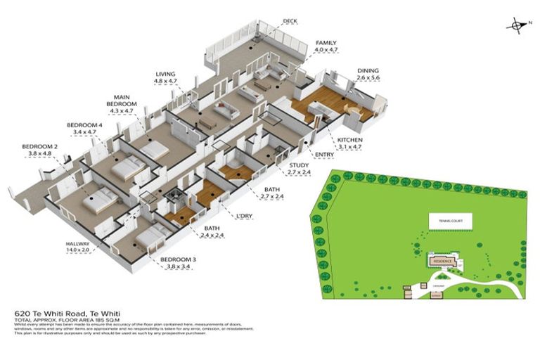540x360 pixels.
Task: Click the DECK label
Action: coord(290,22)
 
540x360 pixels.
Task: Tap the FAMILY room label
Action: coord(326,43)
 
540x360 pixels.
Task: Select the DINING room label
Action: coord(368,71)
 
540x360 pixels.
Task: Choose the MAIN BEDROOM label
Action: coord(122,101)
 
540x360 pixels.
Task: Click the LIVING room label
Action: coord(166,74)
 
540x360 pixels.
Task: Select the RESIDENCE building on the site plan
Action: coord(441,259)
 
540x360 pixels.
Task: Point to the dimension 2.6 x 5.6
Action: coord(368,78)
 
